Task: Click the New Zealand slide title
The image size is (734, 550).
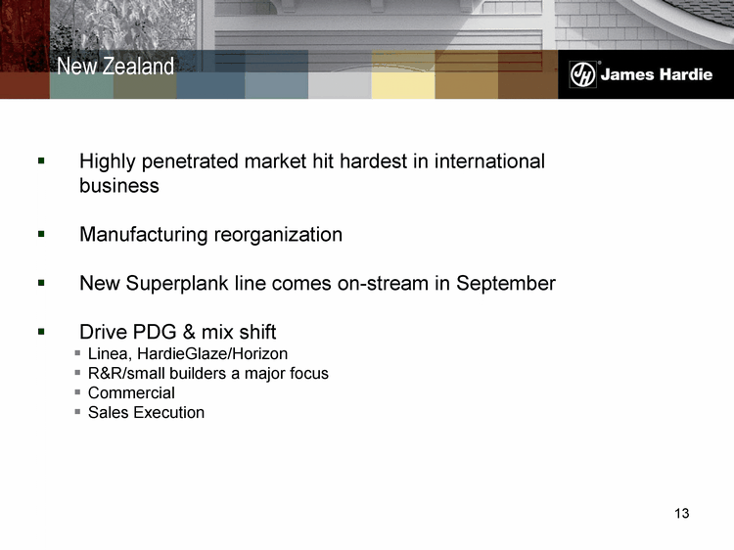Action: (115, 66)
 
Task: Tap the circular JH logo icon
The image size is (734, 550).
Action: (582, 74)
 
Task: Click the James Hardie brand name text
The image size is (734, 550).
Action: (657, 74)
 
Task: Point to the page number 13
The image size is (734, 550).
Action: (681, 514)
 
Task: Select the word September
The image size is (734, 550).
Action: (506, 284)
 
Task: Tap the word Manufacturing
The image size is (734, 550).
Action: (143, 235)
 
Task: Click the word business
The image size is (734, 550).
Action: (119, 186)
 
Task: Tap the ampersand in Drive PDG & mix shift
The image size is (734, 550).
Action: (189, 332)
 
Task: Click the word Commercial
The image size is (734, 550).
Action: (131, 392)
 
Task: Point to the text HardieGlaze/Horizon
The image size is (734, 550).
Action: (212, 353)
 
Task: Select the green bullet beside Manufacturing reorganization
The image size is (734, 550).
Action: (41, 234)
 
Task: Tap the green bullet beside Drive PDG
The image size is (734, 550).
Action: (41, 332)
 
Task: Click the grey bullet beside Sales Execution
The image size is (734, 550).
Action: (77, 412)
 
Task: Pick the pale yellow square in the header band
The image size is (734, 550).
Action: (403, 85)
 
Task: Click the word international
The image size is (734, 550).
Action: (489, 161)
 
